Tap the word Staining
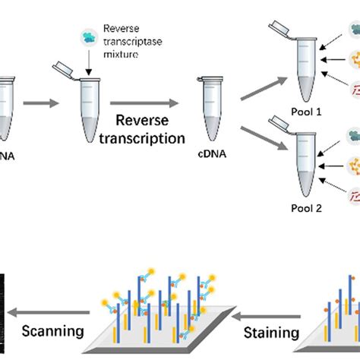[269, 331]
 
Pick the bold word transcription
[150, 138]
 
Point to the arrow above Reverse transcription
[149, 103]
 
